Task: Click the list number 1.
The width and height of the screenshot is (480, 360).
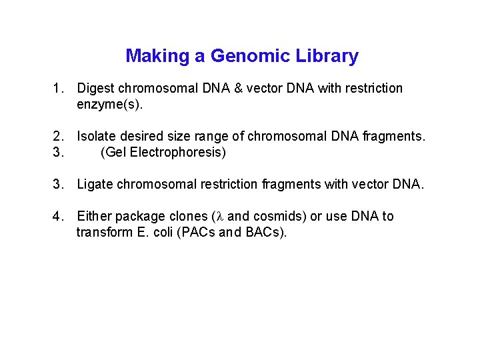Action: coord(59,89)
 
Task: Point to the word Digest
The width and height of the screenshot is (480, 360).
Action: coord(97,89)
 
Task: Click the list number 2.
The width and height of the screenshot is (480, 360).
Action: coord(59,137)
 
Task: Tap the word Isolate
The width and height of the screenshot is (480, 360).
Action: coord(98,137)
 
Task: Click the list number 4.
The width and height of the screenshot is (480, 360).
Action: coord(59,217)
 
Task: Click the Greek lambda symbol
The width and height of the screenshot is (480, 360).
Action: coord(221,217)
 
